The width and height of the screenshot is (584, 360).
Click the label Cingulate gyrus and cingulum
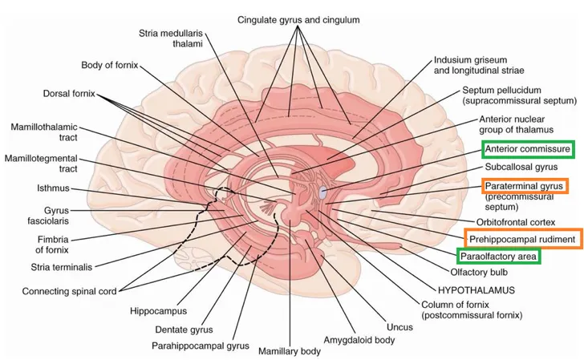coord(298,18)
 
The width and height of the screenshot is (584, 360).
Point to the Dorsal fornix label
coord(67,94)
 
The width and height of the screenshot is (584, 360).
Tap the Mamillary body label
coord(289,351)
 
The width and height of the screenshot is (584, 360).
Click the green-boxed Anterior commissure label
coord(527,149)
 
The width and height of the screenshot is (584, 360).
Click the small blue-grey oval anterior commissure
coord(322,192)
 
